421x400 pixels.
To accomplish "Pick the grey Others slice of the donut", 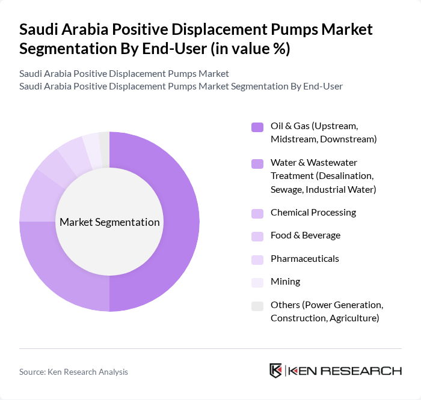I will pyautogui.click(x=105, y=142).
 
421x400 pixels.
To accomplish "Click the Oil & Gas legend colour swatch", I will pyautogui.click(x=257, y=127).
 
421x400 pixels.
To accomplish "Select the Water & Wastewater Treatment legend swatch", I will pyautogui.click(x=257, y=163).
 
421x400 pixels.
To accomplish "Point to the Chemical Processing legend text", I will pyautogui.click(x=313, y=213).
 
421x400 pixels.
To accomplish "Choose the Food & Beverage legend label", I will pyautogui.click(x=305, y=235).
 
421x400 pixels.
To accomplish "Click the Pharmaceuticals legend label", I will pyautogui.click(x=304, y=259).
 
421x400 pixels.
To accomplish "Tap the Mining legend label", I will pyautogui.click(x=285, y=282).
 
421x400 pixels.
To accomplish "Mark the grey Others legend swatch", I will pyautogui.click(x=257, y=306).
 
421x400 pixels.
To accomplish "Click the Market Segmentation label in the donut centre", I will pyautogui.click(x=109, y=222).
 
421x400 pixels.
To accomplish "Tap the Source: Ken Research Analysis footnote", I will pyautogui.click(x=73, y=372).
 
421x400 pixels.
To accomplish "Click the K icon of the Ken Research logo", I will pyautogui.click(x=275, y=371).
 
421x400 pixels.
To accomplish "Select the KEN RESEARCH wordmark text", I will pyautogui.click(x=346, y=371).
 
